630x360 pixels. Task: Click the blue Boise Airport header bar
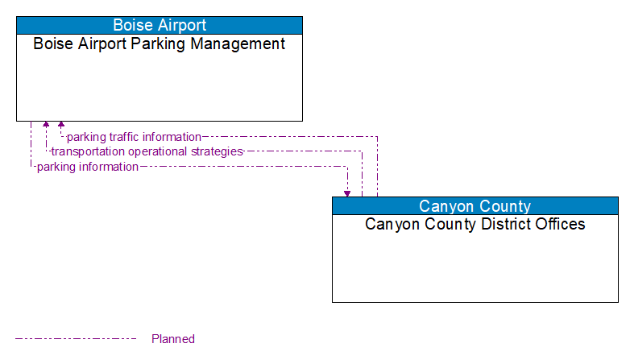[x=160, y=25]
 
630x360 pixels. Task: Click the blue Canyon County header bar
[x=475, y=205]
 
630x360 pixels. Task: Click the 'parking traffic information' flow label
[x=134, y=137]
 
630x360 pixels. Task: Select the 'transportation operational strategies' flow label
[x=147, y=151]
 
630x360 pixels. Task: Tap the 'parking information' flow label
[x=87, y=167]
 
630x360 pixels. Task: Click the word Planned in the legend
[x=173, y=339]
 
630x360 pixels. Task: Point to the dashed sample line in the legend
[x=76, y=339]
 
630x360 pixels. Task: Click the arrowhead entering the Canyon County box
[x=347, y=193]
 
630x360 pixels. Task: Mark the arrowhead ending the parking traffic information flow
[x=61, y=125]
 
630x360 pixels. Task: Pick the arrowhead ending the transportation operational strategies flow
[x=46, y=125]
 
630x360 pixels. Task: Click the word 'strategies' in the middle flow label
[x=217, y=151]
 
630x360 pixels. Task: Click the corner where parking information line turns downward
[x=347, y=167]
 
